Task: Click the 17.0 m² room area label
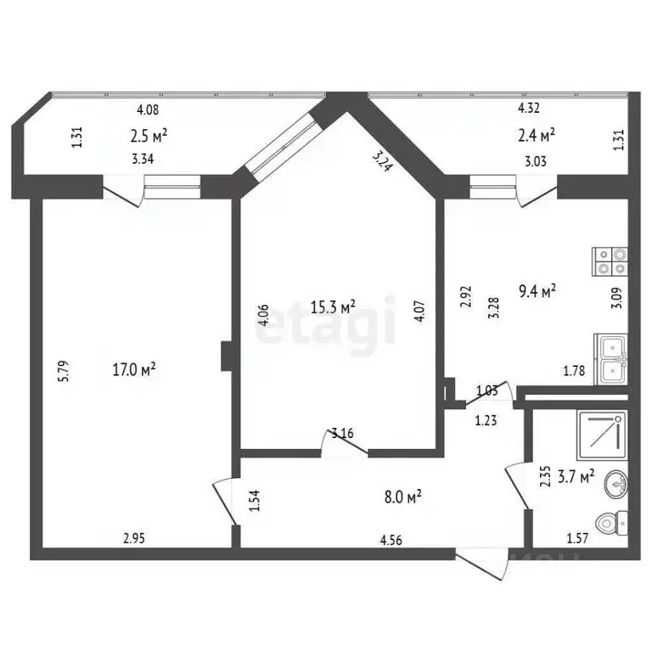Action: pos(133,369)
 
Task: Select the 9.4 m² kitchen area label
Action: pos(537,292)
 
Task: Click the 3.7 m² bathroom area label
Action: pos(576,478)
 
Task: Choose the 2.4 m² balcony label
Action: pos(537,134)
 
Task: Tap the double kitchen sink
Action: pos(610,360)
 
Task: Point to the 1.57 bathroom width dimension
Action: pos(577,537)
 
